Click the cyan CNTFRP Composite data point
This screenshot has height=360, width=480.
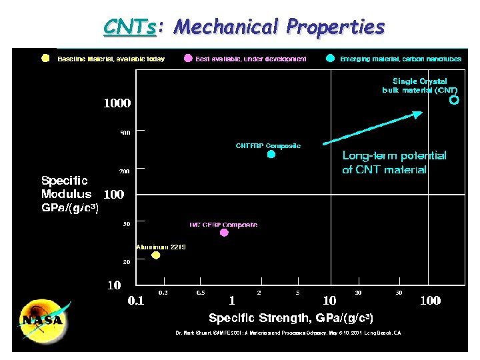tap(271, 154)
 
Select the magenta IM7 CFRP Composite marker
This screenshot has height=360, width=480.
tap(224, 233)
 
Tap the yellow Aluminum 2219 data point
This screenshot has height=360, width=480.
tap(156, 255)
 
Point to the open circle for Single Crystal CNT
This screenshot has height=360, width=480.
tap(454, 101)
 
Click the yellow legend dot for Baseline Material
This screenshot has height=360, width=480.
tap(45, 58)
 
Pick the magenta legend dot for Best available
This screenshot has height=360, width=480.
tap(188, 58)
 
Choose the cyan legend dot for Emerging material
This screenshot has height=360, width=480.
tap(331, 58)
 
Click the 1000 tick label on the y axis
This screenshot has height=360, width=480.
tap(117, 103)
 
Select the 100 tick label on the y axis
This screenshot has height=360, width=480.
tap(114, 195)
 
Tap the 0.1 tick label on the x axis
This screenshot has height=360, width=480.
tap(135, 301)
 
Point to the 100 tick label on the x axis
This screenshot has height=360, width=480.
tap(429, 301)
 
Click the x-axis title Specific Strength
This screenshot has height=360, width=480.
tap(291, 318)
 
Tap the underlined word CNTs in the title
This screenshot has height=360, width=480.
tap(130, 27)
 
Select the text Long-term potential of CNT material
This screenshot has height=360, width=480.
tap(394, 163)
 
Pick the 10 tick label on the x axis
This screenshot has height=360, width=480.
tap(329, 301)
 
